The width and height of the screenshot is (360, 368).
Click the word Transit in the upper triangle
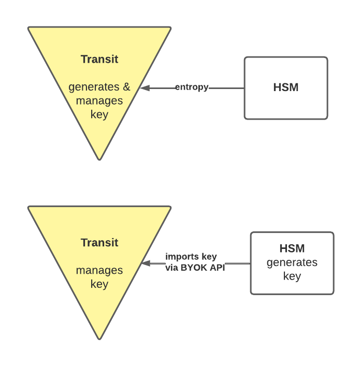pyautogui.click(x=99, y=59)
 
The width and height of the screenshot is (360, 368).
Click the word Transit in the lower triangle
pyautogui.click(x=99, y=242)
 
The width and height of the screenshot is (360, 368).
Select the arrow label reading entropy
pyautogui.click(x=192, y=87)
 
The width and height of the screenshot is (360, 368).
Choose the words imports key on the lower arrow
pyautogui.click(x=191, y=257)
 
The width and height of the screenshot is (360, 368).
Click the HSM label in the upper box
pyautogui.click(x=285, y=87)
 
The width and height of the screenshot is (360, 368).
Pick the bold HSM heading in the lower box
pyautogui.click(x=292, y=248)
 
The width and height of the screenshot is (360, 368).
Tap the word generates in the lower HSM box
pyautogui.click(x=292, y=262)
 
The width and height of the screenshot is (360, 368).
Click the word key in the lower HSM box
pyautogui.click(x=292, y=276)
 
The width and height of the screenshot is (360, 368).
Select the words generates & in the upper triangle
pyautogui.click(x=99, y=86)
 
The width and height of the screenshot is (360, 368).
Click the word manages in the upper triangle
pyautogui.click(x=99, y=100)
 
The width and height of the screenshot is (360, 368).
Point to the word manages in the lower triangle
pyautogui.click(x=99, y=270)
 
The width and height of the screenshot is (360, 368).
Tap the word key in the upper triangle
pyautogui.click(x=99, y=114)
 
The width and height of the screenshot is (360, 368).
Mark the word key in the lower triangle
pyautogui.click(x=99, y=284)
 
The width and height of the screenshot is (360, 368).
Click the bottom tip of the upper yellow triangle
pyautogui.click(x=99, y=158)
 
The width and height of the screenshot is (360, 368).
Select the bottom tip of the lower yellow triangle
pyautogui.click(x=99, y=338)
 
